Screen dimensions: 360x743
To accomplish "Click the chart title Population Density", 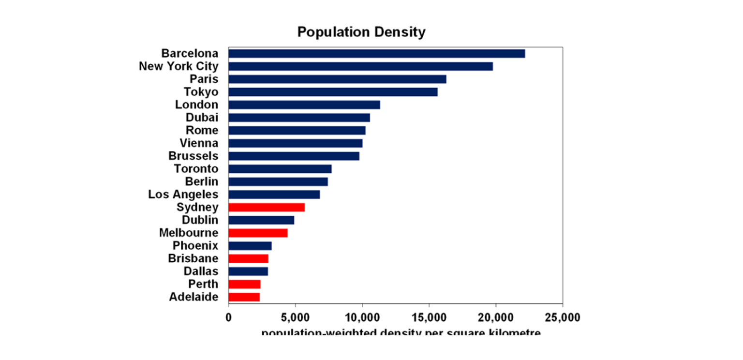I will point(361,32).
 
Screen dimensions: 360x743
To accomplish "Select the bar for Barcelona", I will point(376,54).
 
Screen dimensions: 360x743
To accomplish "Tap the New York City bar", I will point(360,66).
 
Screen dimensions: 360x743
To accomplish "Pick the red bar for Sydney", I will point(267,208).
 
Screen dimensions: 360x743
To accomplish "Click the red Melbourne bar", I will point(258,233).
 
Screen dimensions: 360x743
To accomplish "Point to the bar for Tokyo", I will point(333,92).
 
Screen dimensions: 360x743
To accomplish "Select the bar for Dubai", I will point(299,118).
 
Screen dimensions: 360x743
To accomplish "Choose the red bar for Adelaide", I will point(244,297).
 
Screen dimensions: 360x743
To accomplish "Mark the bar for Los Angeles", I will point(274,195).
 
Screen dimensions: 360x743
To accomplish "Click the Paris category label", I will point(204,79).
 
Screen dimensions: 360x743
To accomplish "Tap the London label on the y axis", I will point(196,105).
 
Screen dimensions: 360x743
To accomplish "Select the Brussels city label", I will point(193,156).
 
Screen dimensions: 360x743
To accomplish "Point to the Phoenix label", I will point(195,246).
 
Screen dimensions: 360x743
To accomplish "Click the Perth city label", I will point(203,284).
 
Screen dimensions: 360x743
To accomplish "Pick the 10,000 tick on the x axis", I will point(362,317).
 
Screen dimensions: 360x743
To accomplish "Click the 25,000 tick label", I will point(562,317).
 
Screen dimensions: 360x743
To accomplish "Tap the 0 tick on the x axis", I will point(229,317).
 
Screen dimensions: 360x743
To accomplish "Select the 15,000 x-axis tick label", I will point(429,317).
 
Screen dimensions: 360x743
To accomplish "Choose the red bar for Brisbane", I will point(249,259).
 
